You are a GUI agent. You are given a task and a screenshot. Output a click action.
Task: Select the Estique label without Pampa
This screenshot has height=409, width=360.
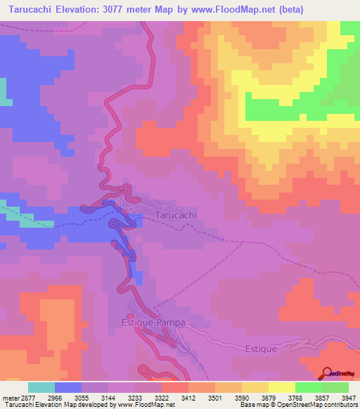[x=262, y=348]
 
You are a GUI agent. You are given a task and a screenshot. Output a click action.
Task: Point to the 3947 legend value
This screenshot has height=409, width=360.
[x=349, y=398]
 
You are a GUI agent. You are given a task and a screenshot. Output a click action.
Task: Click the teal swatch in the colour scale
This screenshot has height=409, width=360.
[x=41, y=387]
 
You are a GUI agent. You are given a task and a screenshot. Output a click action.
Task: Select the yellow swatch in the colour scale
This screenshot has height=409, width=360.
[x=282, y=387]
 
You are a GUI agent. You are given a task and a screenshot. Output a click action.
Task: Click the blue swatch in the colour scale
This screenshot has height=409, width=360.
[x=68, y=387]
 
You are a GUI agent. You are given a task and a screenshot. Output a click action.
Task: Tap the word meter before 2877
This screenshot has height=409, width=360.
[x=9, y=398]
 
